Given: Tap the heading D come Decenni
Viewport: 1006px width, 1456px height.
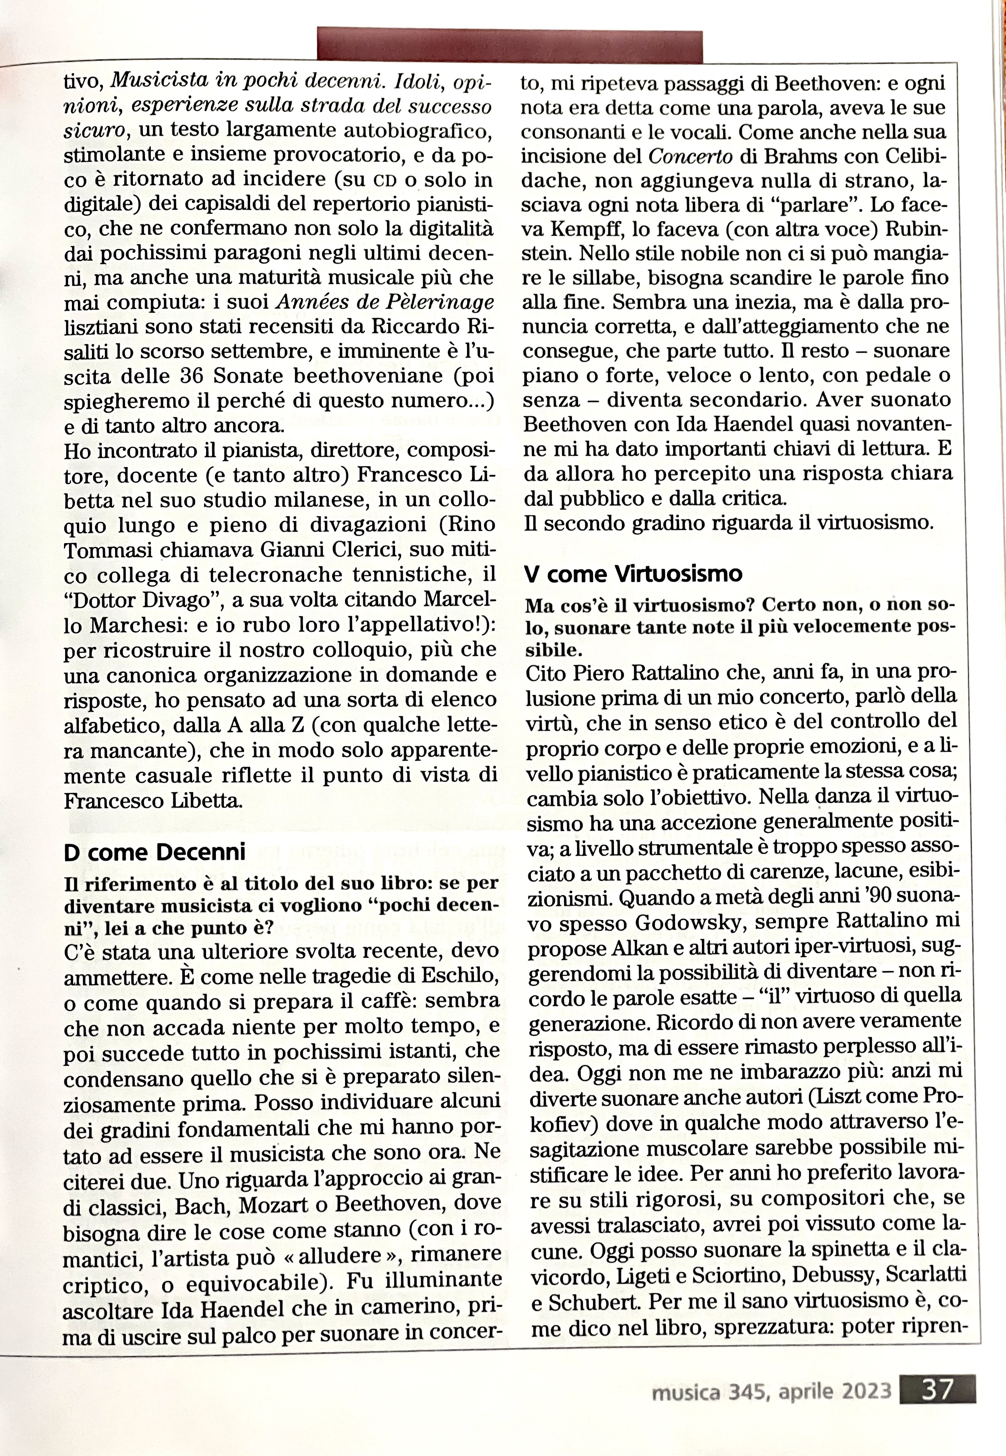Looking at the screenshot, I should tap(155, 852).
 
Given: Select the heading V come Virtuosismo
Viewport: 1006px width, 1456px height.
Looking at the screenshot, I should tap(633, 573).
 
